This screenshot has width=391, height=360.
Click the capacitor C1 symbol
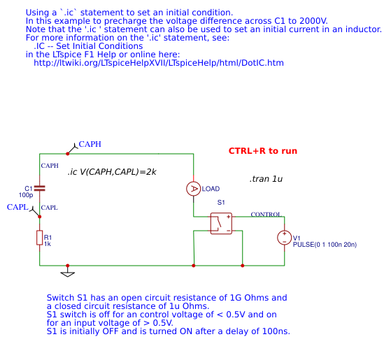(40, 188)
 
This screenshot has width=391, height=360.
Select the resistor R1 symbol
(40, 238)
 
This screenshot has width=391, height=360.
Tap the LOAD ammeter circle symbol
(193, 189)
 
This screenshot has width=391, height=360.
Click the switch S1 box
(221, 223)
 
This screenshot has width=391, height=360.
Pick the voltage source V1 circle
(285, 238)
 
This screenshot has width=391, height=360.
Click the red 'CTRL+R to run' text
(262, 151)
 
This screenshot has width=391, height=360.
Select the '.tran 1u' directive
(265, 180)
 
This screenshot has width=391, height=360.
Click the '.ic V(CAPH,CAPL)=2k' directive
(112, 172)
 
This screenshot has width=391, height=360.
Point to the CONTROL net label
(266, 215)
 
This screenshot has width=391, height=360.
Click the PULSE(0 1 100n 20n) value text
(325, 244)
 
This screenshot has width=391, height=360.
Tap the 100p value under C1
(26, 195)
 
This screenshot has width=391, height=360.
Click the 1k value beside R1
(48, 243)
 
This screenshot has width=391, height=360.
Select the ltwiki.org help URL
(159, 63)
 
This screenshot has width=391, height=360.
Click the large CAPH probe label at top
(90, 144)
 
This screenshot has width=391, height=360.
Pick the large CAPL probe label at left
(17, 207)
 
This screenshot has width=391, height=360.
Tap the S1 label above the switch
(221, 203)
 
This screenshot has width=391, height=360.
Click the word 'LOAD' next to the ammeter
(211, 189)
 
